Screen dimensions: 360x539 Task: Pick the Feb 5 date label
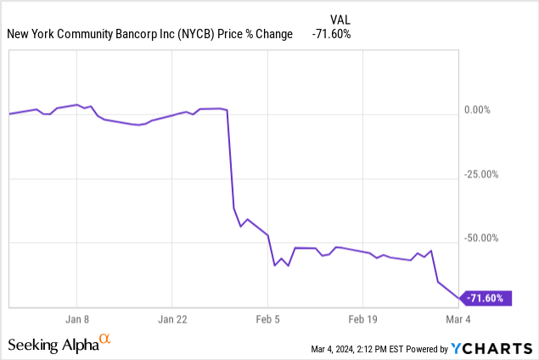click(x=267, y=320)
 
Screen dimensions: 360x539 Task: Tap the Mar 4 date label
click(x=458, y=320)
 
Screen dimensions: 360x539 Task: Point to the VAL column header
click(x=339, y=19)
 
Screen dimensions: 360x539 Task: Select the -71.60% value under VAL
click(x=330, y=34)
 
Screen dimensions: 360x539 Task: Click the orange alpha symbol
click(x=105, y=340)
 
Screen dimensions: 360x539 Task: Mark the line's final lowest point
click(x=459, y=298)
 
